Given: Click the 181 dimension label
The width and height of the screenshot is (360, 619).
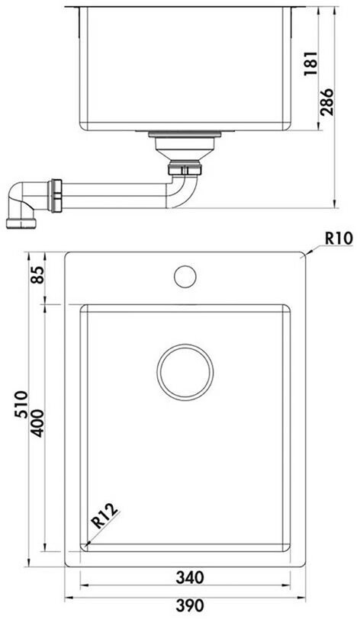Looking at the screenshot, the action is (312, 63).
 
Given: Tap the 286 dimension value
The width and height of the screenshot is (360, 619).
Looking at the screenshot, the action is (326, 102).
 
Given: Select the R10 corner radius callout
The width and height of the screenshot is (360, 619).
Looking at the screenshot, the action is (339, 239).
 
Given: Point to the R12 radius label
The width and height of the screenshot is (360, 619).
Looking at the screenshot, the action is (104, 516).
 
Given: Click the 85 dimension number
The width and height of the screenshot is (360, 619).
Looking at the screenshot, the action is (37, 274).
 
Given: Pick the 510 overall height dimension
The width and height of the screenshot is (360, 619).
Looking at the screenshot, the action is (21, 404).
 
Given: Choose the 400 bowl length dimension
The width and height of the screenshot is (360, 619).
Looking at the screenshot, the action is (37, 423).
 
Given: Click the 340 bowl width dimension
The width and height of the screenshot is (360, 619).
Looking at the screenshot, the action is (190, 577).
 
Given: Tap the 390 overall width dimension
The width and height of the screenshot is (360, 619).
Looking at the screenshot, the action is (190, 605).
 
